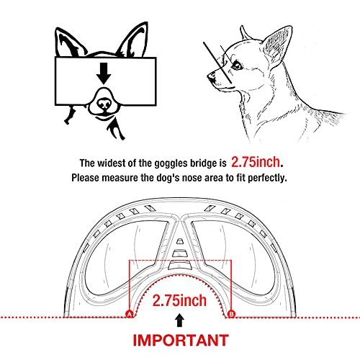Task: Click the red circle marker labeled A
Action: pos(130,314)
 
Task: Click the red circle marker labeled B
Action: pos(231,314)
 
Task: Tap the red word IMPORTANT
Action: pos(181,340)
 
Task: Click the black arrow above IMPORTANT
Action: pos(179,320)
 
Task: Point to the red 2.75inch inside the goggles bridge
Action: pos(179,300)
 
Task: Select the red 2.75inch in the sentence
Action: pos(256,162)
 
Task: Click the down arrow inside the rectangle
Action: pos(104,73)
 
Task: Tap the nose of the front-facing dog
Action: pos(104,104)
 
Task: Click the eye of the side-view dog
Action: pos(236,65)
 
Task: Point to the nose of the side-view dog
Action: pos(211,76)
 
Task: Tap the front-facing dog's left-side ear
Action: pos(70,43)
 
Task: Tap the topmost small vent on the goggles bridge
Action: pos(179,241)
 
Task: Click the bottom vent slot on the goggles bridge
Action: pos(179,266)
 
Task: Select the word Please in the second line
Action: pos(85,178)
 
